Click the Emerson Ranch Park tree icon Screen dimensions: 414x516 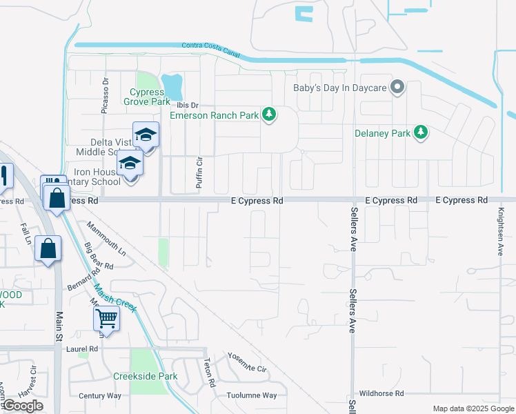click(x=270, y=115)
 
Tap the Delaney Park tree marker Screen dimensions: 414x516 click(x=420, y=132)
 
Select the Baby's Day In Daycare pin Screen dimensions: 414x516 click(x=397, y=88)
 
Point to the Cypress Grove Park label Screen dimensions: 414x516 click(x=146, y=97)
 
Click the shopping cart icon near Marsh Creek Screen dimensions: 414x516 click(x=107, y=318)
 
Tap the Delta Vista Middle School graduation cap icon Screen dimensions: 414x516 click(x=146, y=135)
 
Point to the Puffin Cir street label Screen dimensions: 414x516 click(x=199, y=172)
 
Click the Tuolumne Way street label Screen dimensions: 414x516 click(x=252, y=395)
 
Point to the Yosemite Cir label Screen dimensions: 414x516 click(x=246, y=363)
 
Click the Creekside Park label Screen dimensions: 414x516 click(x=146, y=377)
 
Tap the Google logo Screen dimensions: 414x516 click(x=23, y=406)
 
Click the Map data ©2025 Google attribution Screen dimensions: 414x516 click(x=473, y=408)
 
